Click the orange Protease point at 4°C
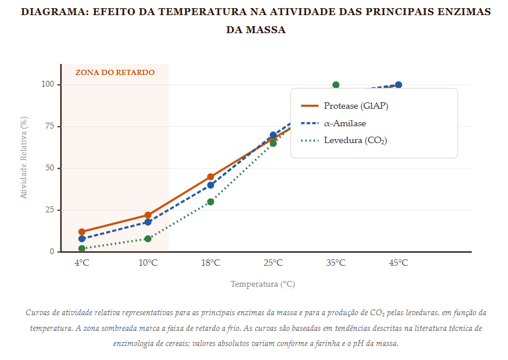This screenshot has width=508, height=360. tap(82, 232)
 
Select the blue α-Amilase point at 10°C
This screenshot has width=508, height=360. tap(148, 222)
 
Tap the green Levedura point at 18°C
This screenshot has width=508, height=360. tap(210, 202)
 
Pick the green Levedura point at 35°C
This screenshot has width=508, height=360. tap(336, 85)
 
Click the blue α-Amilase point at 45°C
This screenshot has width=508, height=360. tap(399, 85)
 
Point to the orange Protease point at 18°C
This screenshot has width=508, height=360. tap(210, 177)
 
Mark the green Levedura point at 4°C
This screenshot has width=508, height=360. tap(82, 248)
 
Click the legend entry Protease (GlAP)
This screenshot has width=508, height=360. tap(356, 106)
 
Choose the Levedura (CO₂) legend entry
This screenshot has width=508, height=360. tap(355, 140)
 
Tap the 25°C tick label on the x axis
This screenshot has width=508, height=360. tap(273, 263)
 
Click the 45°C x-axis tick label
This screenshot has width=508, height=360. tap(399, 263)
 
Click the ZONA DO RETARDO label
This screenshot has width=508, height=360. tap(115, 73)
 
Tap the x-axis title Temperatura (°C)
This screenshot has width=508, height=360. tap(263, 284)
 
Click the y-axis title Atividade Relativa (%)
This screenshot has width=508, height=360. tap(24, 158)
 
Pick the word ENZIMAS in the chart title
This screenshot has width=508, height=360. tap(466, 12)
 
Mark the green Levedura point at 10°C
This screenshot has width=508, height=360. tap(148, 238)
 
